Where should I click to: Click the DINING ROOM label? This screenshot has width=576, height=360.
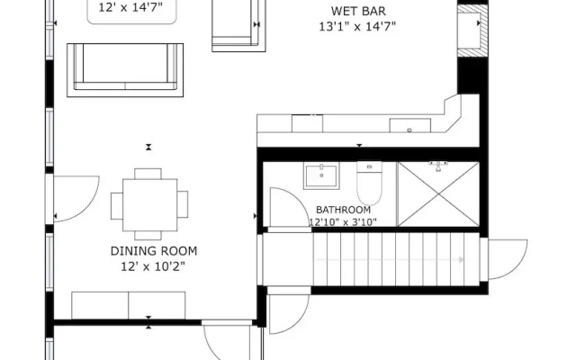pos(154,251)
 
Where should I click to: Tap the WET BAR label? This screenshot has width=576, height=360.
pos(358,11)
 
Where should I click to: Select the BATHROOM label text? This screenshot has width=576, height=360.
pos(344,210)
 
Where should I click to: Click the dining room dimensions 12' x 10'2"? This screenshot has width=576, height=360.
pos(153,266)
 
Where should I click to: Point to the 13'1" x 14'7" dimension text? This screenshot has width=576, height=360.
pos(357,27)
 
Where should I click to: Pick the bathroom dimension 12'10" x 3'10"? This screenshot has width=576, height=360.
pos(343,222)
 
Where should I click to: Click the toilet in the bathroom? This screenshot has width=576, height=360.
pos(369,184)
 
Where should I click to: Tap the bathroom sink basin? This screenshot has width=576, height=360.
pos(321,176)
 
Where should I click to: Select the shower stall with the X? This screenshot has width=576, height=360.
pos(438,194)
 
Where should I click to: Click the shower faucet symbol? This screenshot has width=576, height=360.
pos(438,166)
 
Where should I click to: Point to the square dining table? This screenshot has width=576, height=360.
pos(150,205)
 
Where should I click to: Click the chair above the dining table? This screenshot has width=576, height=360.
pos(148,174)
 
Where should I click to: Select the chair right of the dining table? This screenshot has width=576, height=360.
pos(183,204)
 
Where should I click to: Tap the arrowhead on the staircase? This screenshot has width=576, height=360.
pos(462,260)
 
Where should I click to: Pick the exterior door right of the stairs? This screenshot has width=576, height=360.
pos(504,259)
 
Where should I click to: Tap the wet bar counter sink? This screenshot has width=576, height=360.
pos(410,125)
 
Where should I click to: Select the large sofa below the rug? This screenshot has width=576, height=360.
pos(125,70)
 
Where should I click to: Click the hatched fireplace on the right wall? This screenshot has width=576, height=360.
pos(472,31)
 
